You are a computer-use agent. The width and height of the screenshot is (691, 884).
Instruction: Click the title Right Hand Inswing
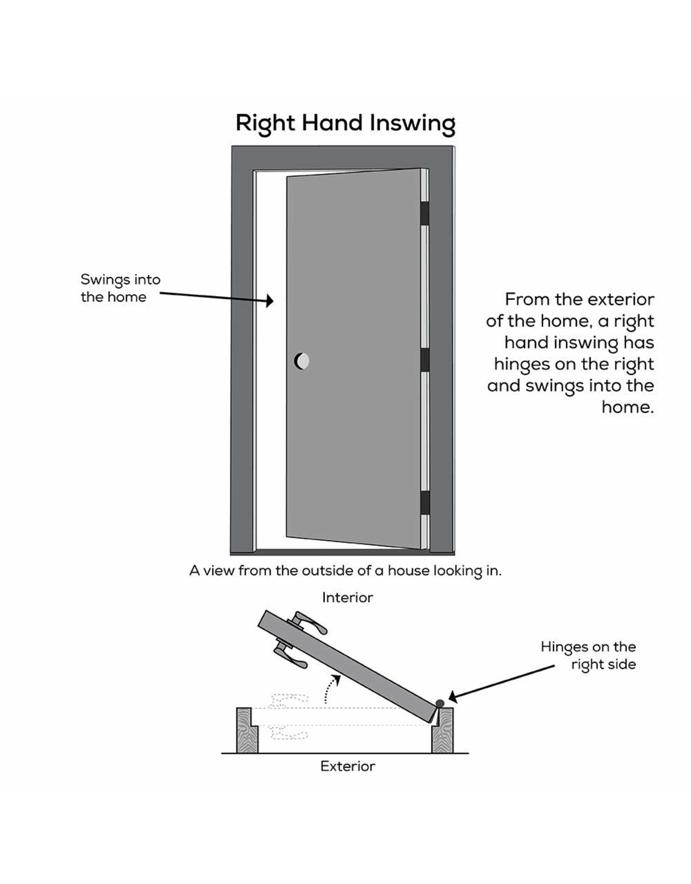345,123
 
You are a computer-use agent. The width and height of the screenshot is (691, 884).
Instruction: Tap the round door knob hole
302,361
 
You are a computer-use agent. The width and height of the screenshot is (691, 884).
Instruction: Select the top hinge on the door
425,213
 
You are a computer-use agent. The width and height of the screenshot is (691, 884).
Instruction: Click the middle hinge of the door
425,360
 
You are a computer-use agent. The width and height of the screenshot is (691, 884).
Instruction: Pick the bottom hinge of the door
425,502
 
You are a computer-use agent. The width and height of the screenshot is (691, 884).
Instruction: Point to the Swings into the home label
120,288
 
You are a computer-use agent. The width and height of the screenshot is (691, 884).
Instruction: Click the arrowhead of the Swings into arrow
270,301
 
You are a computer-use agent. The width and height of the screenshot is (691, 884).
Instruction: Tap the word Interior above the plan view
347,597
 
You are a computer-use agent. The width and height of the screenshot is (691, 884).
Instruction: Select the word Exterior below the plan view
347,766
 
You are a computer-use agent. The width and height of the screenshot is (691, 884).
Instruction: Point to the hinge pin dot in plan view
440,703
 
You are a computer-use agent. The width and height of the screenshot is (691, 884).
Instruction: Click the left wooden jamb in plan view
247,730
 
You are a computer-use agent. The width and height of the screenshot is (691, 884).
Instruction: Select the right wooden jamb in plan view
443,730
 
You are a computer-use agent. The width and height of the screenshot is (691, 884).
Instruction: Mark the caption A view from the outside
345,571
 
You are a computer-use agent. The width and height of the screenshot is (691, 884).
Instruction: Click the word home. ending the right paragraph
628,407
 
